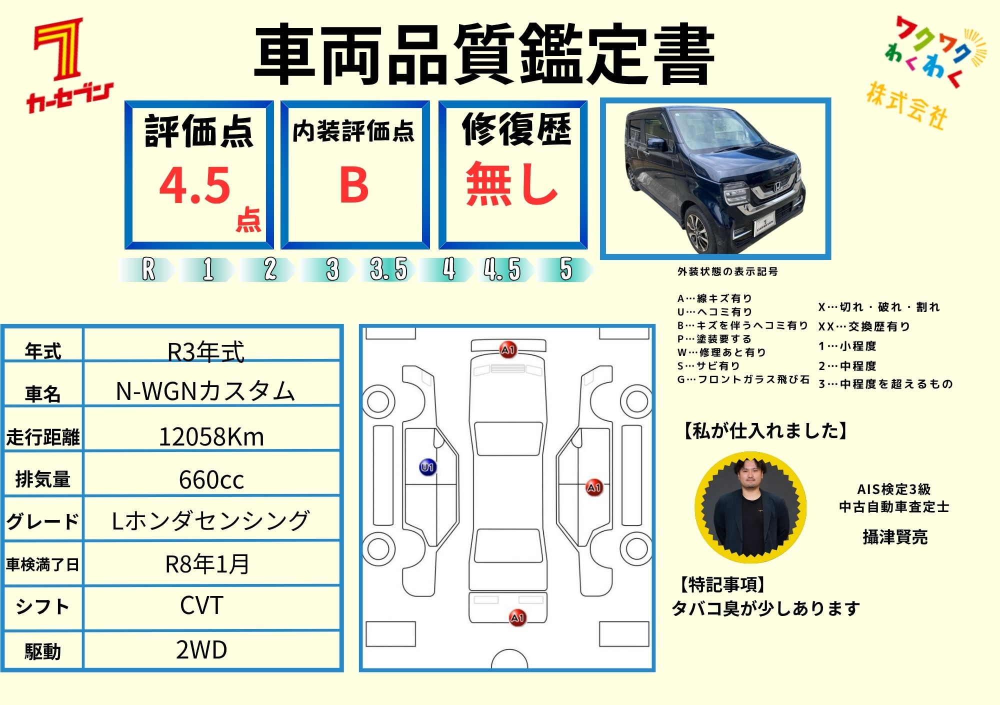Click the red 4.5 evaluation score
[195, 185]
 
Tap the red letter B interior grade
[354, 185]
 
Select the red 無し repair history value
[511, 184]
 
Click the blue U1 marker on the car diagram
[427, 467]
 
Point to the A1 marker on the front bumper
[508, 349]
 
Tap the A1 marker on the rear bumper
[517, 618]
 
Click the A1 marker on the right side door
[594, 487]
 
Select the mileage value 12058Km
[211, 437]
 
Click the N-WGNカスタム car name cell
[205, 391]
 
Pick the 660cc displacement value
[211, 480]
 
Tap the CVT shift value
[201, 605]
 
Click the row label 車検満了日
[42, 564]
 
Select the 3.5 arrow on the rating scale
[388, 269]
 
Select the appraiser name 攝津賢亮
[895, 537]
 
